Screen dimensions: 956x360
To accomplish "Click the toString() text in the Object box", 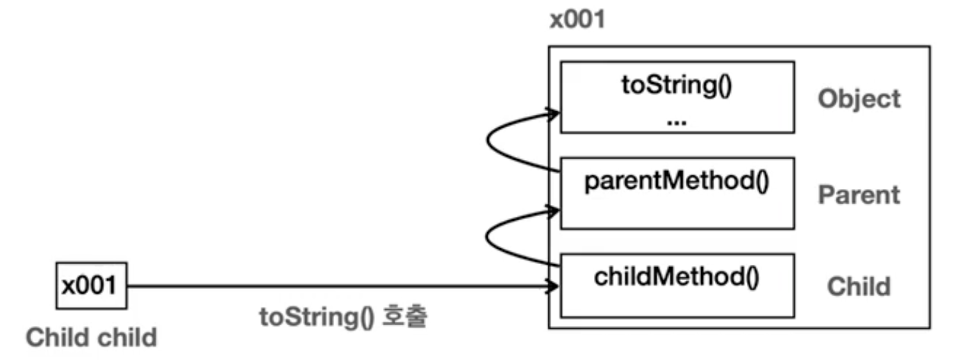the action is pos(677,85).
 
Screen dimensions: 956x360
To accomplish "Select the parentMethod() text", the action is pos(677,182).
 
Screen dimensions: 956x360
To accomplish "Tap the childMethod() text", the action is pos(677,277).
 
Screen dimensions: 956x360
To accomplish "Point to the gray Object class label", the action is pos(859,100).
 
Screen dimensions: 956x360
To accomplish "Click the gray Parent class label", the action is pos(859,195).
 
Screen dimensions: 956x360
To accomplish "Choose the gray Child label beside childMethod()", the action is pos(859,286).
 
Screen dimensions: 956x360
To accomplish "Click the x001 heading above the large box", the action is pos(577,19).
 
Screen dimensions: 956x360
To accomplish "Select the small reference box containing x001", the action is pos(91,286).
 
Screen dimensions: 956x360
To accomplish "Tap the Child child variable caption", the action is pos(91,337).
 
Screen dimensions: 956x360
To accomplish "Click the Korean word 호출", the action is pos(404,316).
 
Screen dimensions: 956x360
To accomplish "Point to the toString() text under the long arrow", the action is pos(317,318).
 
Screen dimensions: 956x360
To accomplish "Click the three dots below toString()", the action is pos(677,123).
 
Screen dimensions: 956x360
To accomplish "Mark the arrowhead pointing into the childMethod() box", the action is pos(553,286).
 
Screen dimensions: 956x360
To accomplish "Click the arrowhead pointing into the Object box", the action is pos(554,113).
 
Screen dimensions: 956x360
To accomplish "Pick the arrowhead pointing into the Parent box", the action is pos(554,211).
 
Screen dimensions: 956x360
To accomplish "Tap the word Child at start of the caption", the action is pos(57,337).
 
